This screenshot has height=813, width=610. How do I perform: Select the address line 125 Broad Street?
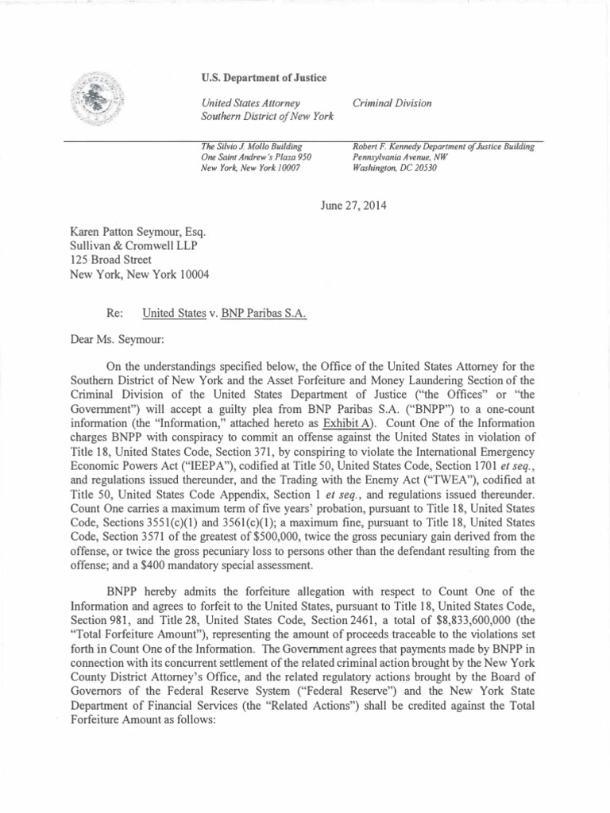(110, 259)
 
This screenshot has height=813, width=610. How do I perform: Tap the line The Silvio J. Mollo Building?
(249, 147)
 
